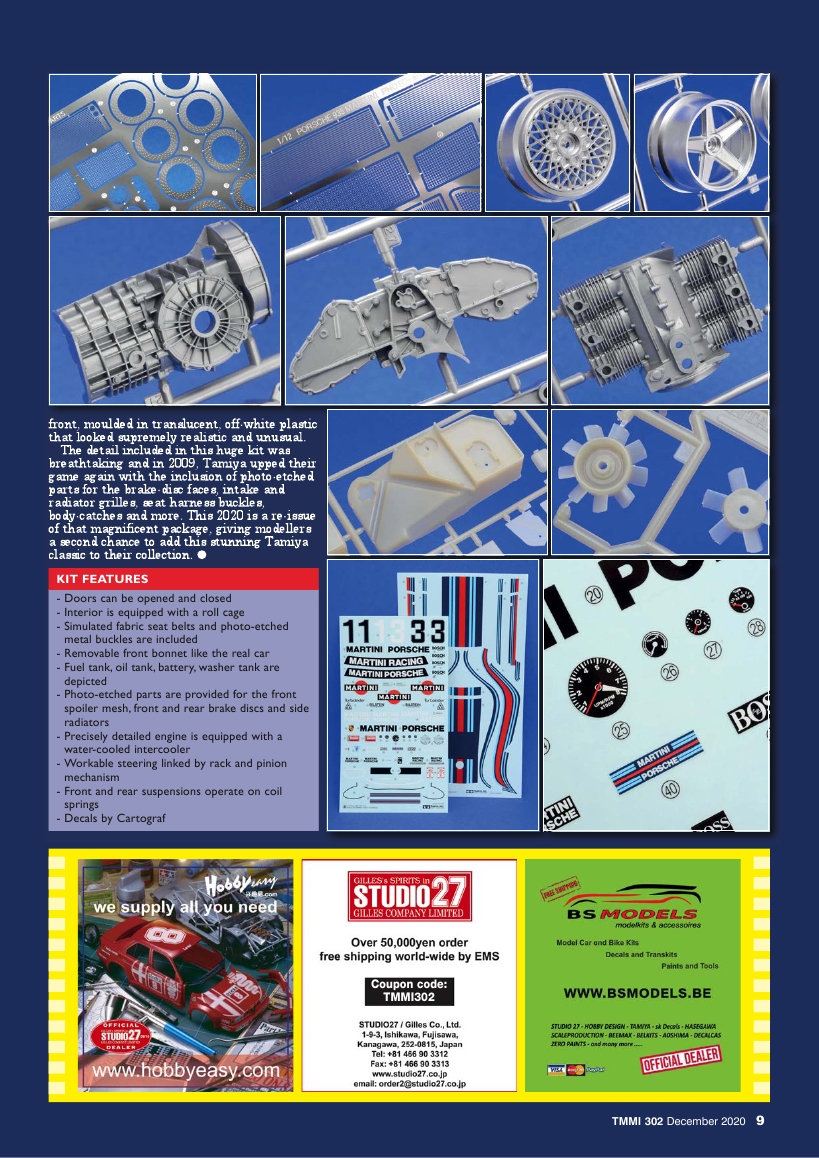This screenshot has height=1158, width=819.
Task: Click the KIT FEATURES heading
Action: pos(102,579)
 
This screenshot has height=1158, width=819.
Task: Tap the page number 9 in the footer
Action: pos(760,1121)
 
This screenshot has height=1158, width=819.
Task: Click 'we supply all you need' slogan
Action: pos(185,907)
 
